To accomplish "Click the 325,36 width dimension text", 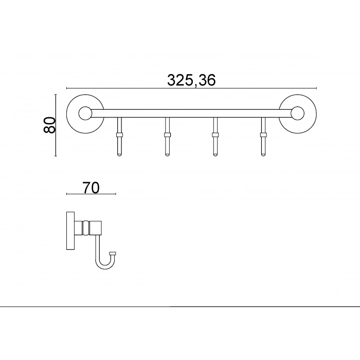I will [191, 80].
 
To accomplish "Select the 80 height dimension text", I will [49, 125].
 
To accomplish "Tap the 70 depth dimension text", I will [91, 187].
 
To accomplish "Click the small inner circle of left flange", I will [84, 113].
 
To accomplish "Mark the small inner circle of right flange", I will [297, 113].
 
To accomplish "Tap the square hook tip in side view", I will [113, 253].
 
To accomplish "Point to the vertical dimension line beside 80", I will [56, 125].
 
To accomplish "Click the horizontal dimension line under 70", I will [91, 194].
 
